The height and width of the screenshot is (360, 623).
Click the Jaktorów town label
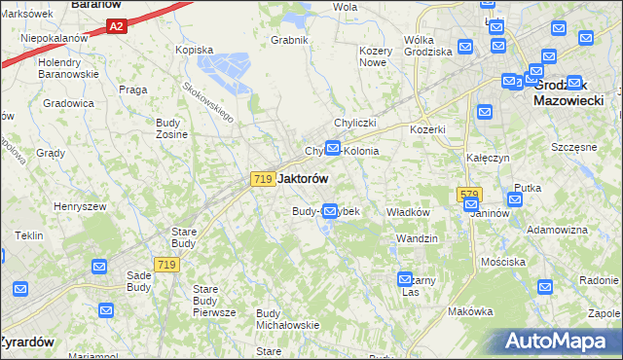303,179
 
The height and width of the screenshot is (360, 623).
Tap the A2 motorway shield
116,26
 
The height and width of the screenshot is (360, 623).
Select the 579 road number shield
468,195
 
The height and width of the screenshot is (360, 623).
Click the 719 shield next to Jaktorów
261,179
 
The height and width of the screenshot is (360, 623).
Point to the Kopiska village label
193,49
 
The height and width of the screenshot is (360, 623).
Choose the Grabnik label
290,40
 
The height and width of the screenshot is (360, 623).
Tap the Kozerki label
427,129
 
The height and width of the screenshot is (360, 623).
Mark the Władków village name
409,212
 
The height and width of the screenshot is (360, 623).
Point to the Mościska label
503,262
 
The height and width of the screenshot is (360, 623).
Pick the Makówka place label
471,311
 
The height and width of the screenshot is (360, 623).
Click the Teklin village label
28,235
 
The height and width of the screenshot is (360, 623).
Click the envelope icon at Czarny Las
406,279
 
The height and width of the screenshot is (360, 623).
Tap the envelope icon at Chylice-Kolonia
333,149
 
